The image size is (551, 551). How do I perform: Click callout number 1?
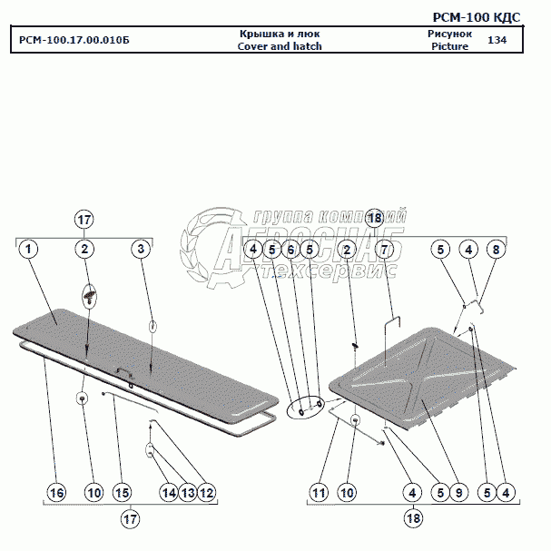29,249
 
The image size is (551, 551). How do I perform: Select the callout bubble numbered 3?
140,249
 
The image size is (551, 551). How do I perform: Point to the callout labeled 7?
384,249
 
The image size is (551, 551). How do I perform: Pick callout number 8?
495,249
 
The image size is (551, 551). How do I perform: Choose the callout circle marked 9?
459,492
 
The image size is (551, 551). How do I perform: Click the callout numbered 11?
318,492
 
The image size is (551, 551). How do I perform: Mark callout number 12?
207,492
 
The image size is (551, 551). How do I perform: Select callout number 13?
187,492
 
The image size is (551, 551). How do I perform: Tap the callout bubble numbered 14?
168,492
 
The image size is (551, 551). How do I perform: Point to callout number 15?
122,492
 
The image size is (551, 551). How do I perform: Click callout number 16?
56,492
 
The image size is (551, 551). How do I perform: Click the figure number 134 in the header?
497,41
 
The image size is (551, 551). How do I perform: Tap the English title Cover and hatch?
280,46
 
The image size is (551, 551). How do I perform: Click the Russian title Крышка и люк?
280,34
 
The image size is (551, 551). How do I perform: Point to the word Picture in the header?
450,46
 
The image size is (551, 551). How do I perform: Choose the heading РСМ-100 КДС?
490,17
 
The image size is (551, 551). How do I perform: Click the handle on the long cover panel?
123,369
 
